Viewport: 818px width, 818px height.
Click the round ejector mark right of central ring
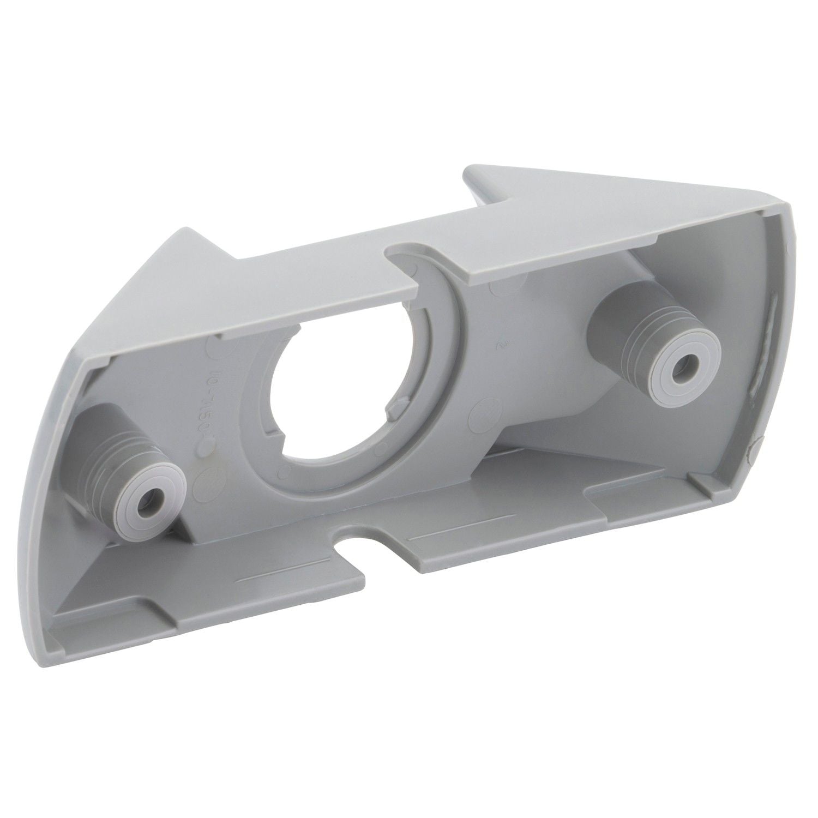[484, 406]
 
